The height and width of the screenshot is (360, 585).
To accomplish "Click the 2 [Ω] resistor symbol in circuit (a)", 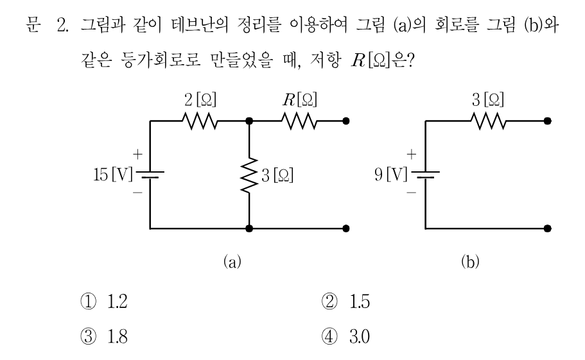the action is click(200, 121).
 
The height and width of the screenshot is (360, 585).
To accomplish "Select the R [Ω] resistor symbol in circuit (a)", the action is click(299, 121).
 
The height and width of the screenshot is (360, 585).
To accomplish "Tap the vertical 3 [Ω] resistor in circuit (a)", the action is click(249, 175).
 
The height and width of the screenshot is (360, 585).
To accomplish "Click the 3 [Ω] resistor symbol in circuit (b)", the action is click(489, 121).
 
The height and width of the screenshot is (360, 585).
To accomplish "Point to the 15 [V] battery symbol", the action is click(150, 175).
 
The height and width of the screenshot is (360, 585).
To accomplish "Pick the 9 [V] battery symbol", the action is click(425, 175).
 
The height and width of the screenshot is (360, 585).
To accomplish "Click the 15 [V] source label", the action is click(112, 175).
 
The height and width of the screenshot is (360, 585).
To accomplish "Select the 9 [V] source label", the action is click(391, 175).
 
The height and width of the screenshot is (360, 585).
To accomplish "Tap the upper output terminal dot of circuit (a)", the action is click(346, 121).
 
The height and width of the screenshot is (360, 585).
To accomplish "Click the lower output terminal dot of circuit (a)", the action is click(346, 228).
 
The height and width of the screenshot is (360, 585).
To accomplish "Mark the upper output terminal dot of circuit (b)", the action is click(547, 121).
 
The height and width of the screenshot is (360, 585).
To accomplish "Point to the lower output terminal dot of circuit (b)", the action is click(547, 228).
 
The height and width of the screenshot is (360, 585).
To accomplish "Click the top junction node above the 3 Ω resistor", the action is click(249, 121).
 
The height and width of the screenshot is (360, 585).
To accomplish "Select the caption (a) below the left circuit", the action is click(232, 262).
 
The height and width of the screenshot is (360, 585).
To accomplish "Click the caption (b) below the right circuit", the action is click(470, 262).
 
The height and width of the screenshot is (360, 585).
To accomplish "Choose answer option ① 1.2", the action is click(104, 302).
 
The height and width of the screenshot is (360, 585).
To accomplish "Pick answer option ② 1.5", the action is click(345, 302).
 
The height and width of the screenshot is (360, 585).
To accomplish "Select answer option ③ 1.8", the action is click(104, 336).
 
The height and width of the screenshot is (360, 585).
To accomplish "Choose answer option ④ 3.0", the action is click(345, 336).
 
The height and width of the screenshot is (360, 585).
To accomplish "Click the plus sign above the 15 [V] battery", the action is click(137, 154).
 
